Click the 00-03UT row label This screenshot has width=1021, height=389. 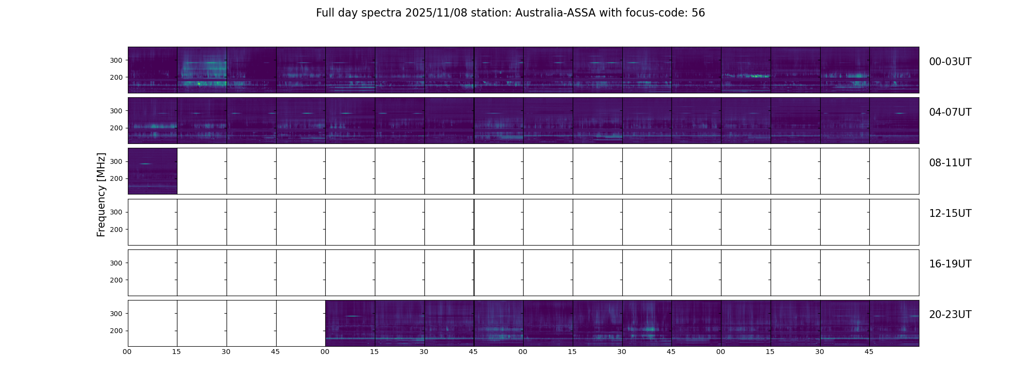pyautogui.click(x=950, y=62)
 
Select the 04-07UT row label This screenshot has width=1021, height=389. pyautogui.click(x=950, y=112)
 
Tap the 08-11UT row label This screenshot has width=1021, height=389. pyautogui.click(x=950, y=163)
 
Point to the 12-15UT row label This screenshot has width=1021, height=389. pyautogui.click(x=950, y=213)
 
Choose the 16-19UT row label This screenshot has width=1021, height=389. pyautogui.click(x=950, y=264)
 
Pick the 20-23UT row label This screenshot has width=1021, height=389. pyautogui.click(x=950, y=315)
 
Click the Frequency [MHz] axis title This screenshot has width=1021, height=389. pyautogui.click(x=101, y=194)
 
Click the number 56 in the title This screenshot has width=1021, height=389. pyautogui.click(x=698, y=13)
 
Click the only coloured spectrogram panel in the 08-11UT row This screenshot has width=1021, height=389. pyautogui.click(x=152, y=171)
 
